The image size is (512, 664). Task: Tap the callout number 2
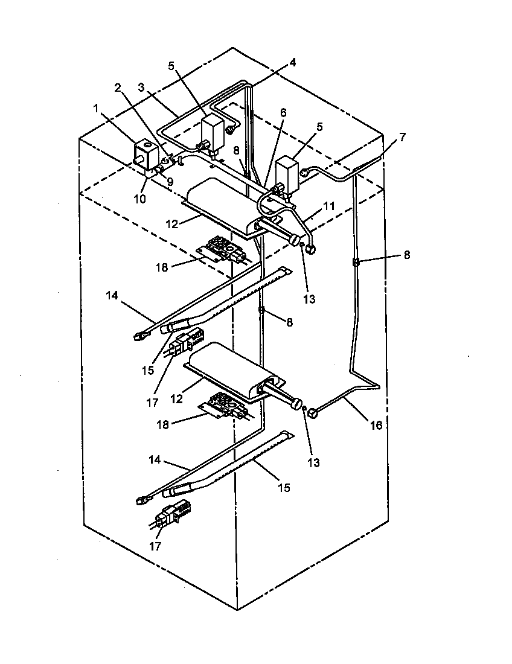point(118,86)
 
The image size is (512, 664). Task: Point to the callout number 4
point(292,62)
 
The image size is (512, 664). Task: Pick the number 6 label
point(283,112)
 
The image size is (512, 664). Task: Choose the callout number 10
point(140,199)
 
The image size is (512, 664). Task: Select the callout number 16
point(376,426)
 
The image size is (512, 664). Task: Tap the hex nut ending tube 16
point(313,413)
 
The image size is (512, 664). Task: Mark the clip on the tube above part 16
point(356,263)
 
